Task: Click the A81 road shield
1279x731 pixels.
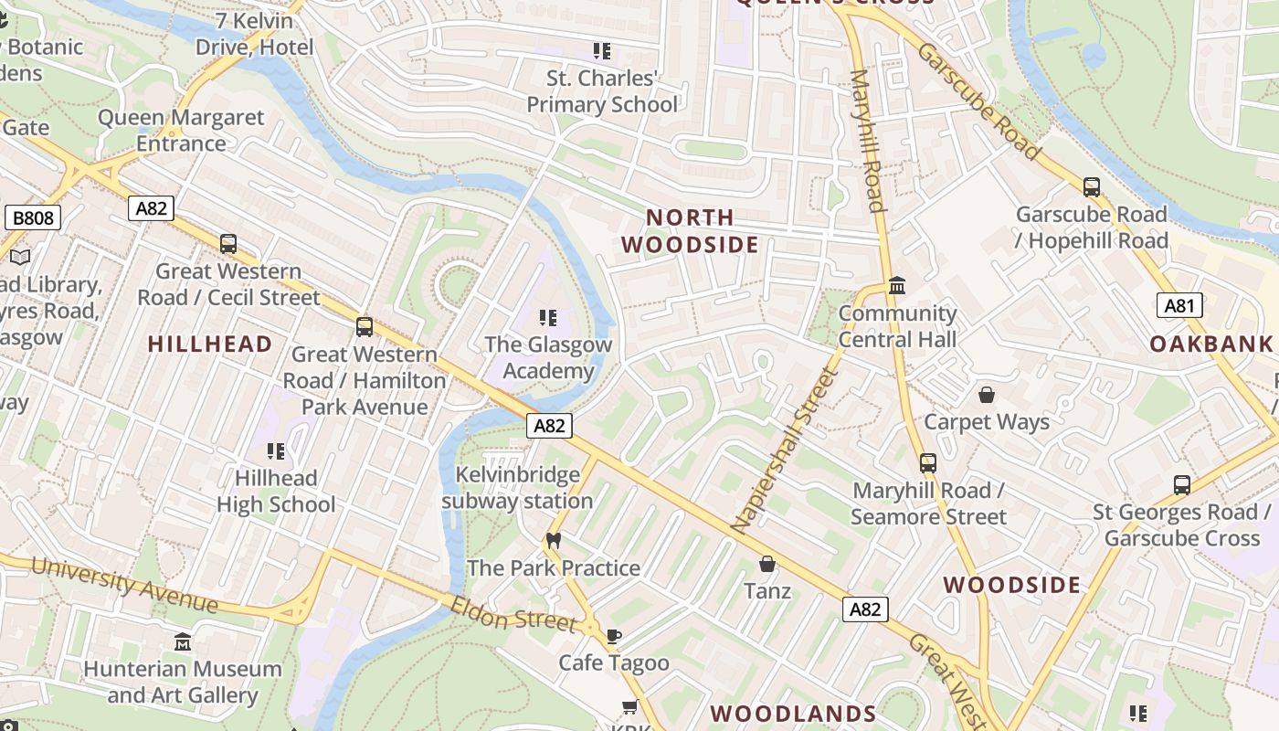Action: (x=1179, y=305)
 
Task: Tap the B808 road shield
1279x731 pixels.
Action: (x=33, y=217)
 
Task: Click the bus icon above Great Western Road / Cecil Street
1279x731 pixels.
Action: (x=228, y=244)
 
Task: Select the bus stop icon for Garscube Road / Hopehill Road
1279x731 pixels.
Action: (x=1091, y=187)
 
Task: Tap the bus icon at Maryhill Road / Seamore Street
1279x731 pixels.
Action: (x=928, y=463)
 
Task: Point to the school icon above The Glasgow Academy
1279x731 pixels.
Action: (x=548, y=318)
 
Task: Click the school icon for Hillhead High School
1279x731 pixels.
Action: (x=276, y=450)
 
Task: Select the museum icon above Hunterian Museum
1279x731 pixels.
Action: (x=183, y=641)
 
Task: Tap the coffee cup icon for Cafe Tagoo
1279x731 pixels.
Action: (x=614, y=636)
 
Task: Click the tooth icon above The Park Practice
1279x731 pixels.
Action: (x=552, y=540)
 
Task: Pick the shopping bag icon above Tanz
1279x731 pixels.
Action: (x=767, y=564)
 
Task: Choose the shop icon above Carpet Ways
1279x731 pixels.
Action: (x=987, y=395)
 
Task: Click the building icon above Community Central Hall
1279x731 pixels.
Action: (x=897, y=286)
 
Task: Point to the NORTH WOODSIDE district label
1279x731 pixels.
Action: (x=690, y=231)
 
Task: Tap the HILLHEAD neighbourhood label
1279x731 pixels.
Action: (x=210, y=344)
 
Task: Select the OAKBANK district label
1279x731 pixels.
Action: (x=1210, y=344)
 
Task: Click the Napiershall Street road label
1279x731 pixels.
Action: (x=785, y=450)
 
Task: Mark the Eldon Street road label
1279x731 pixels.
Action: (x=513, y=613)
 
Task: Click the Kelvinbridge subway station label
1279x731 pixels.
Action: (x=517, y=488)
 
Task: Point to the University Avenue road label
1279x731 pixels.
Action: (x=124, y=584)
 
